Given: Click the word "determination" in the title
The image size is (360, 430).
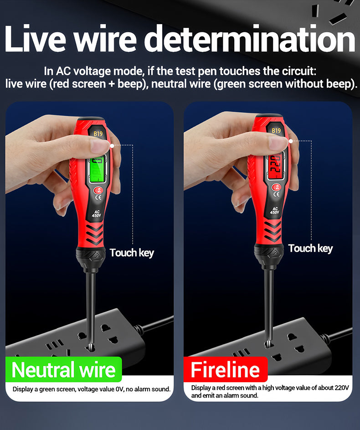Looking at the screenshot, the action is [x=250, y=39].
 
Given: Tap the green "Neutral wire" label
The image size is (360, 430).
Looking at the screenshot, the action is [x=63, y=369].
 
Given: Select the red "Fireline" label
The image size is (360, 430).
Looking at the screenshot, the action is [x=225, y=369].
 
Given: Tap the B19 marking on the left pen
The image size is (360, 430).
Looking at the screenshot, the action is [x=98, y=134].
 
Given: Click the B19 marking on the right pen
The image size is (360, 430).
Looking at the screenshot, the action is [x=276, y=130].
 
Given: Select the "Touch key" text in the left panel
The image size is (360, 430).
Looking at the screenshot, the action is [x=132, y=253].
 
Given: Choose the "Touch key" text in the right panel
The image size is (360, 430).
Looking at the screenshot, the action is [x=310, y=249].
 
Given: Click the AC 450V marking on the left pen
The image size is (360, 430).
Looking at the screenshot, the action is [x=97, y=214].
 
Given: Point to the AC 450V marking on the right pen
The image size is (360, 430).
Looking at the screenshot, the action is [x=275, y=211].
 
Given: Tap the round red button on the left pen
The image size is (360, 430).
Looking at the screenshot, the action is [x=98, y=190].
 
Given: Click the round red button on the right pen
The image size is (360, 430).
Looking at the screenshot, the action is [x=276, y=187].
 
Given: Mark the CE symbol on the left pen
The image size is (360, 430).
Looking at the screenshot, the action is [x=98, y=197].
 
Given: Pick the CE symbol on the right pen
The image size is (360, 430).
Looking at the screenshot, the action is [x=277, y=194].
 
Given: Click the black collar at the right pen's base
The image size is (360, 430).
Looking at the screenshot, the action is [x=268, y=255].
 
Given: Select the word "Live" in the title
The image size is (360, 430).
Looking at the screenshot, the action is [x=35, y=39].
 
